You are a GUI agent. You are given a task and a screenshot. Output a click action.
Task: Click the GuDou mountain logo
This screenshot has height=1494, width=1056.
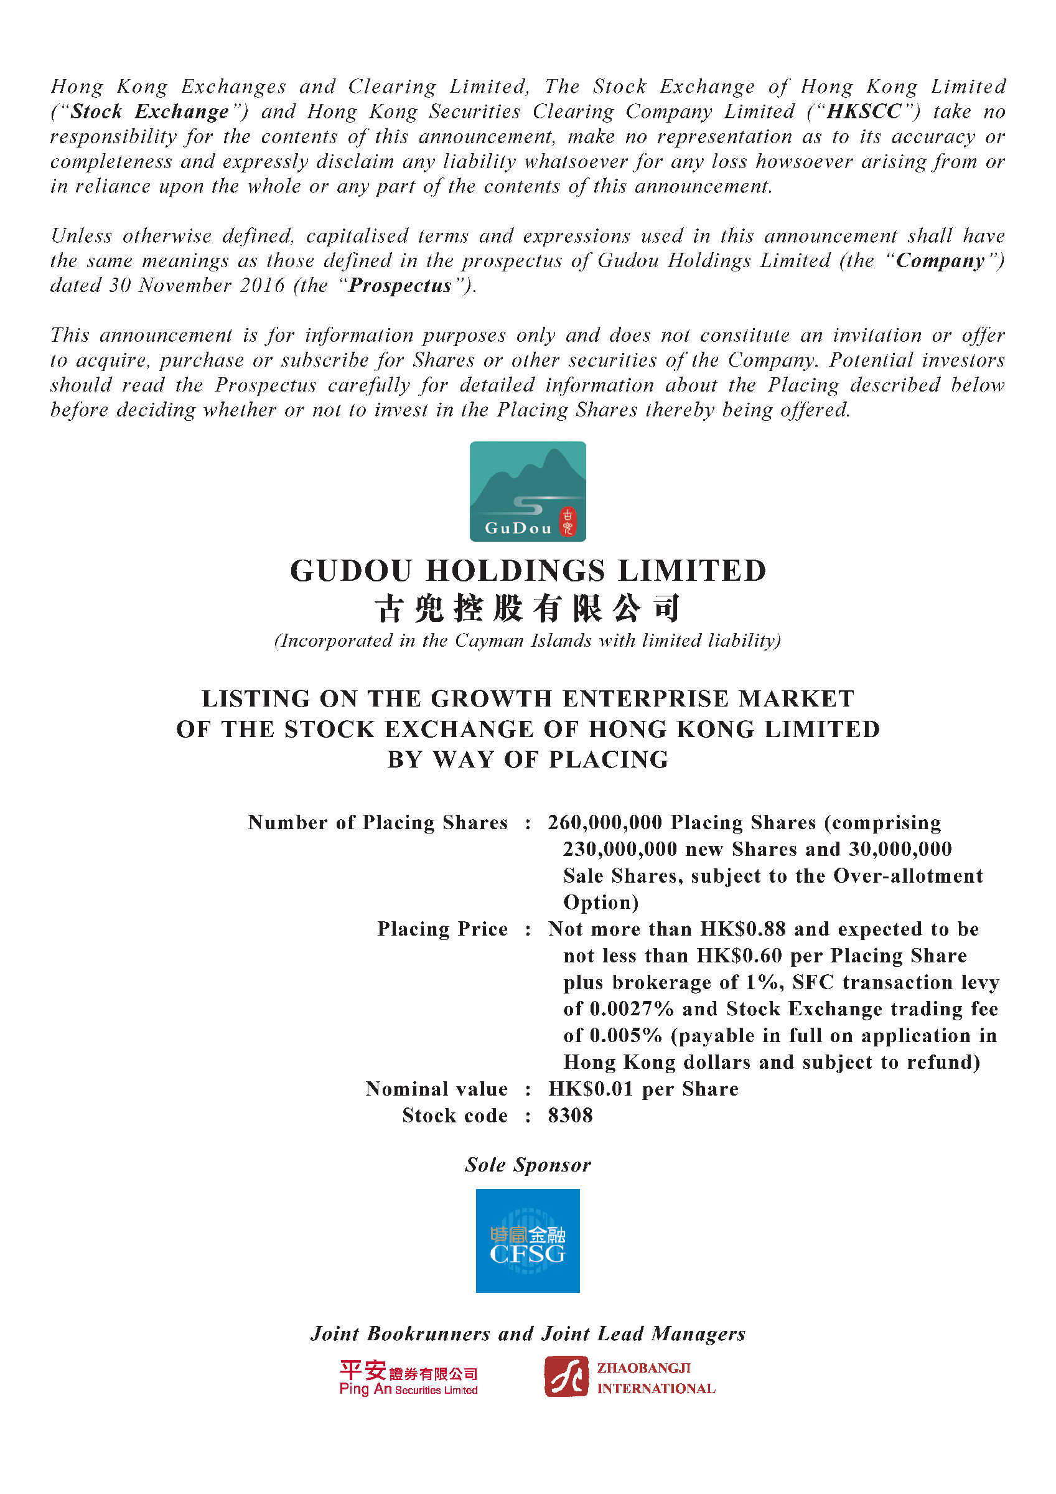pyautogui.click(x=527, y=491)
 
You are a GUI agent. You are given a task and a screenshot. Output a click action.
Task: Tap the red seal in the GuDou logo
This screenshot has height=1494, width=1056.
pyautogui.click(x=568, y=522)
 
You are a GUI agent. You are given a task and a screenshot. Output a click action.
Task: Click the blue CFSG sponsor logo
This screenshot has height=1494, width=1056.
pyautogui.click(x=527, y=1240)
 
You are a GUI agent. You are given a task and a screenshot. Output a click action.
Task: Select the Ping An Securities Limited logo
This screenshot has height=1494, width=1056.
pyautogui.click(x=409, y=1378)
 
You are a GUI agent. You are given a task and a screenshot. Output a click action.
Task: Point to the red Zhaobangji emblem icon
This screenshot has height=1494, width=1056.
pyautogui.click(x=566, y=1376)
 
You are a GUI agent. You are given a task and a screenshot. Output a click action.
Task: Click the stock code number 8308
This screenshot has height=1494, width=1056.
pyautogui.click(x=570, y=1116)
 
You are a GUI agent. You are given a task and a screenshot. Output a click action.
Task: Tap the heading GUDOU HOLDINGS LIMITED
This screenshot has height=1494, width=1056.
pyautogui.click(x=528, y=571)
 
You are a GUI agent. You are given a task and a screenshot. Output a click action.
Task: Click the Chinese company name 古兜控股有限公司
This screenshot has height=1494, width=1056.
pyautogui.click(x=528, y=608)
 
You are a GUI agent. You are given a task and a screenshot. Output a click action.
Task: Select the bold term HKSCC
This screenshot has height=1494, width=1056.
pyautogui.click(x=864, y=112)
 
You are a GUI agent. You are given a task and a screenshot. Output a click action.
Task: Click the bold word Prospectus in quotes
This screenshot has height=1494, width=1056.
pyautogui.click(x=400, y=286)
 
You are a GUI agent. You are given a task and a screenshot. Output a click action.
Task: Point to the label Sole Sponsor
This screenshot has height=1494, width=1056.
pyautogui.click(x=528, y=1165)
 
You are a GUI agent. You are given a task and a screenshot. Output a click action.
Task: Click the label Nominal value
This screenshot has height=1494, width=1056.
pyautogui.click(x=437, y=1089)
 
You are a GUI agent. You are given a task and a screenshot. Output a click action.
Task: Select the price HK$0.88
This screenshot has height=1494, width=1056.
pyautogui.click(x=742, y=929)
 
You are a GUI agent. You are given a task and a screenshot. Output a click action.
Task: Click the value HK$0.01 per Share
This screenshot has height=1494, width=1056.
pyautogui.click(x=643, y=1089)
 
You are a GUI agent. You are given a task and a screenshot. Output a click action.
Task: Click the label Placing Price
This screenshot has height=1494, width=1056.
pyautogui.click(x=442, y=929)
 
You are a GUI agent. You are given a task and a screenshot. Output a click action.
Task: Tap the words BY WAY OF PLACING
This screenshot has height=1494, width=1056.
pyautogui.click(x=528, y=759)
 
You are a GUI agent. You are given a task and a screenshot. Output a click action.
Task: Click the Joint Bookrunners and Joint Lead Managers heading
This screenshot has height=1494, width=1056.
pyautogui.click(x=528, y=1333)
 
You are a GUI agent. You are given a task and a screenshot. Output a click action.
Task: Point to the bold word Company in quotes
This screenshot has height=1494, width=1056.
pyautogui.click(x=940, y=261)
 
